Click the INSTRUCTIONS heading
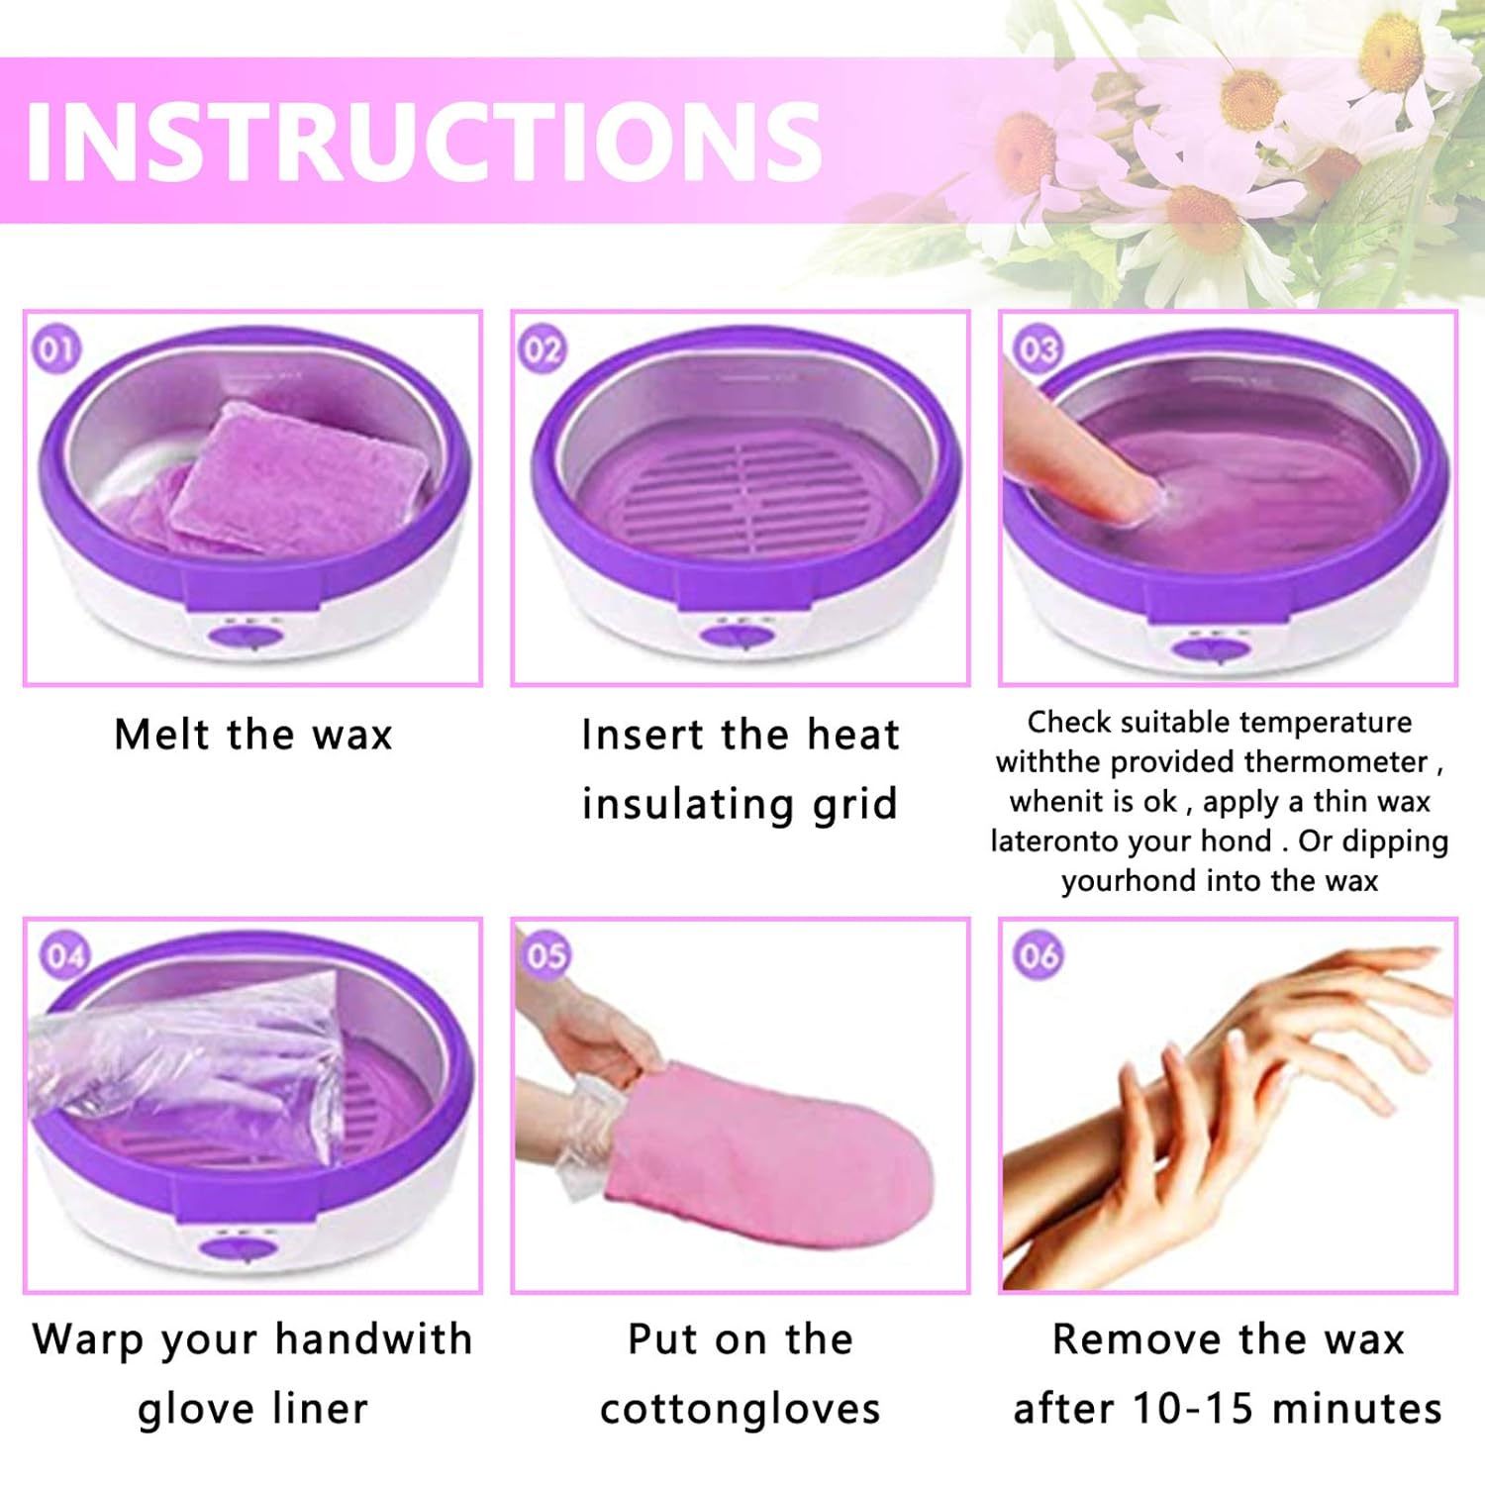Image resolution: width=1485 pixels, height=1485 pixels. (424, 141)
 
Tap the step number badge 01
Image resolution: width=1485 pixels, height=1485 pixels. (55, 349)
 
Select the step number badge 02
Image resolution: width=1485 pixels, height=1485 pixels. (542, 349)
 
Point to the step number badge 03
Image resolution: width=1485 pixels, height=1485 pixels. (1037, 349)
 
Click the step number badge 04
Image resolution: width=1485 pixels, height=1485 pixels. (65, 956)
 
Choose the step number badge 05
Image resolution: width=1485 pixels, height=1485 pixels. (546, 955)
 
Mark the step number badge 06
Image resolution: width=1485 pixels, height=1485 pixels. (1038, 956)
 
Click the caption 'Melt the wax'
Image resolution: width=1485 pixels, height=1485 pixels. (253, 736)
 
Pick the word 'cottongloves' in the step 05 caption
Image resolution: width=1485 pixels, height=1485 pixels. (740, 1409)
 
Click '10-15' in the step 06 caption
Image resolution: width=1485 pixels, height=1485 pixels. (1195, 1409)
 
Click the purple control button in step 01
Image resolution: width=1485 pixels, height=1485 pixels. (250, 636)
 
